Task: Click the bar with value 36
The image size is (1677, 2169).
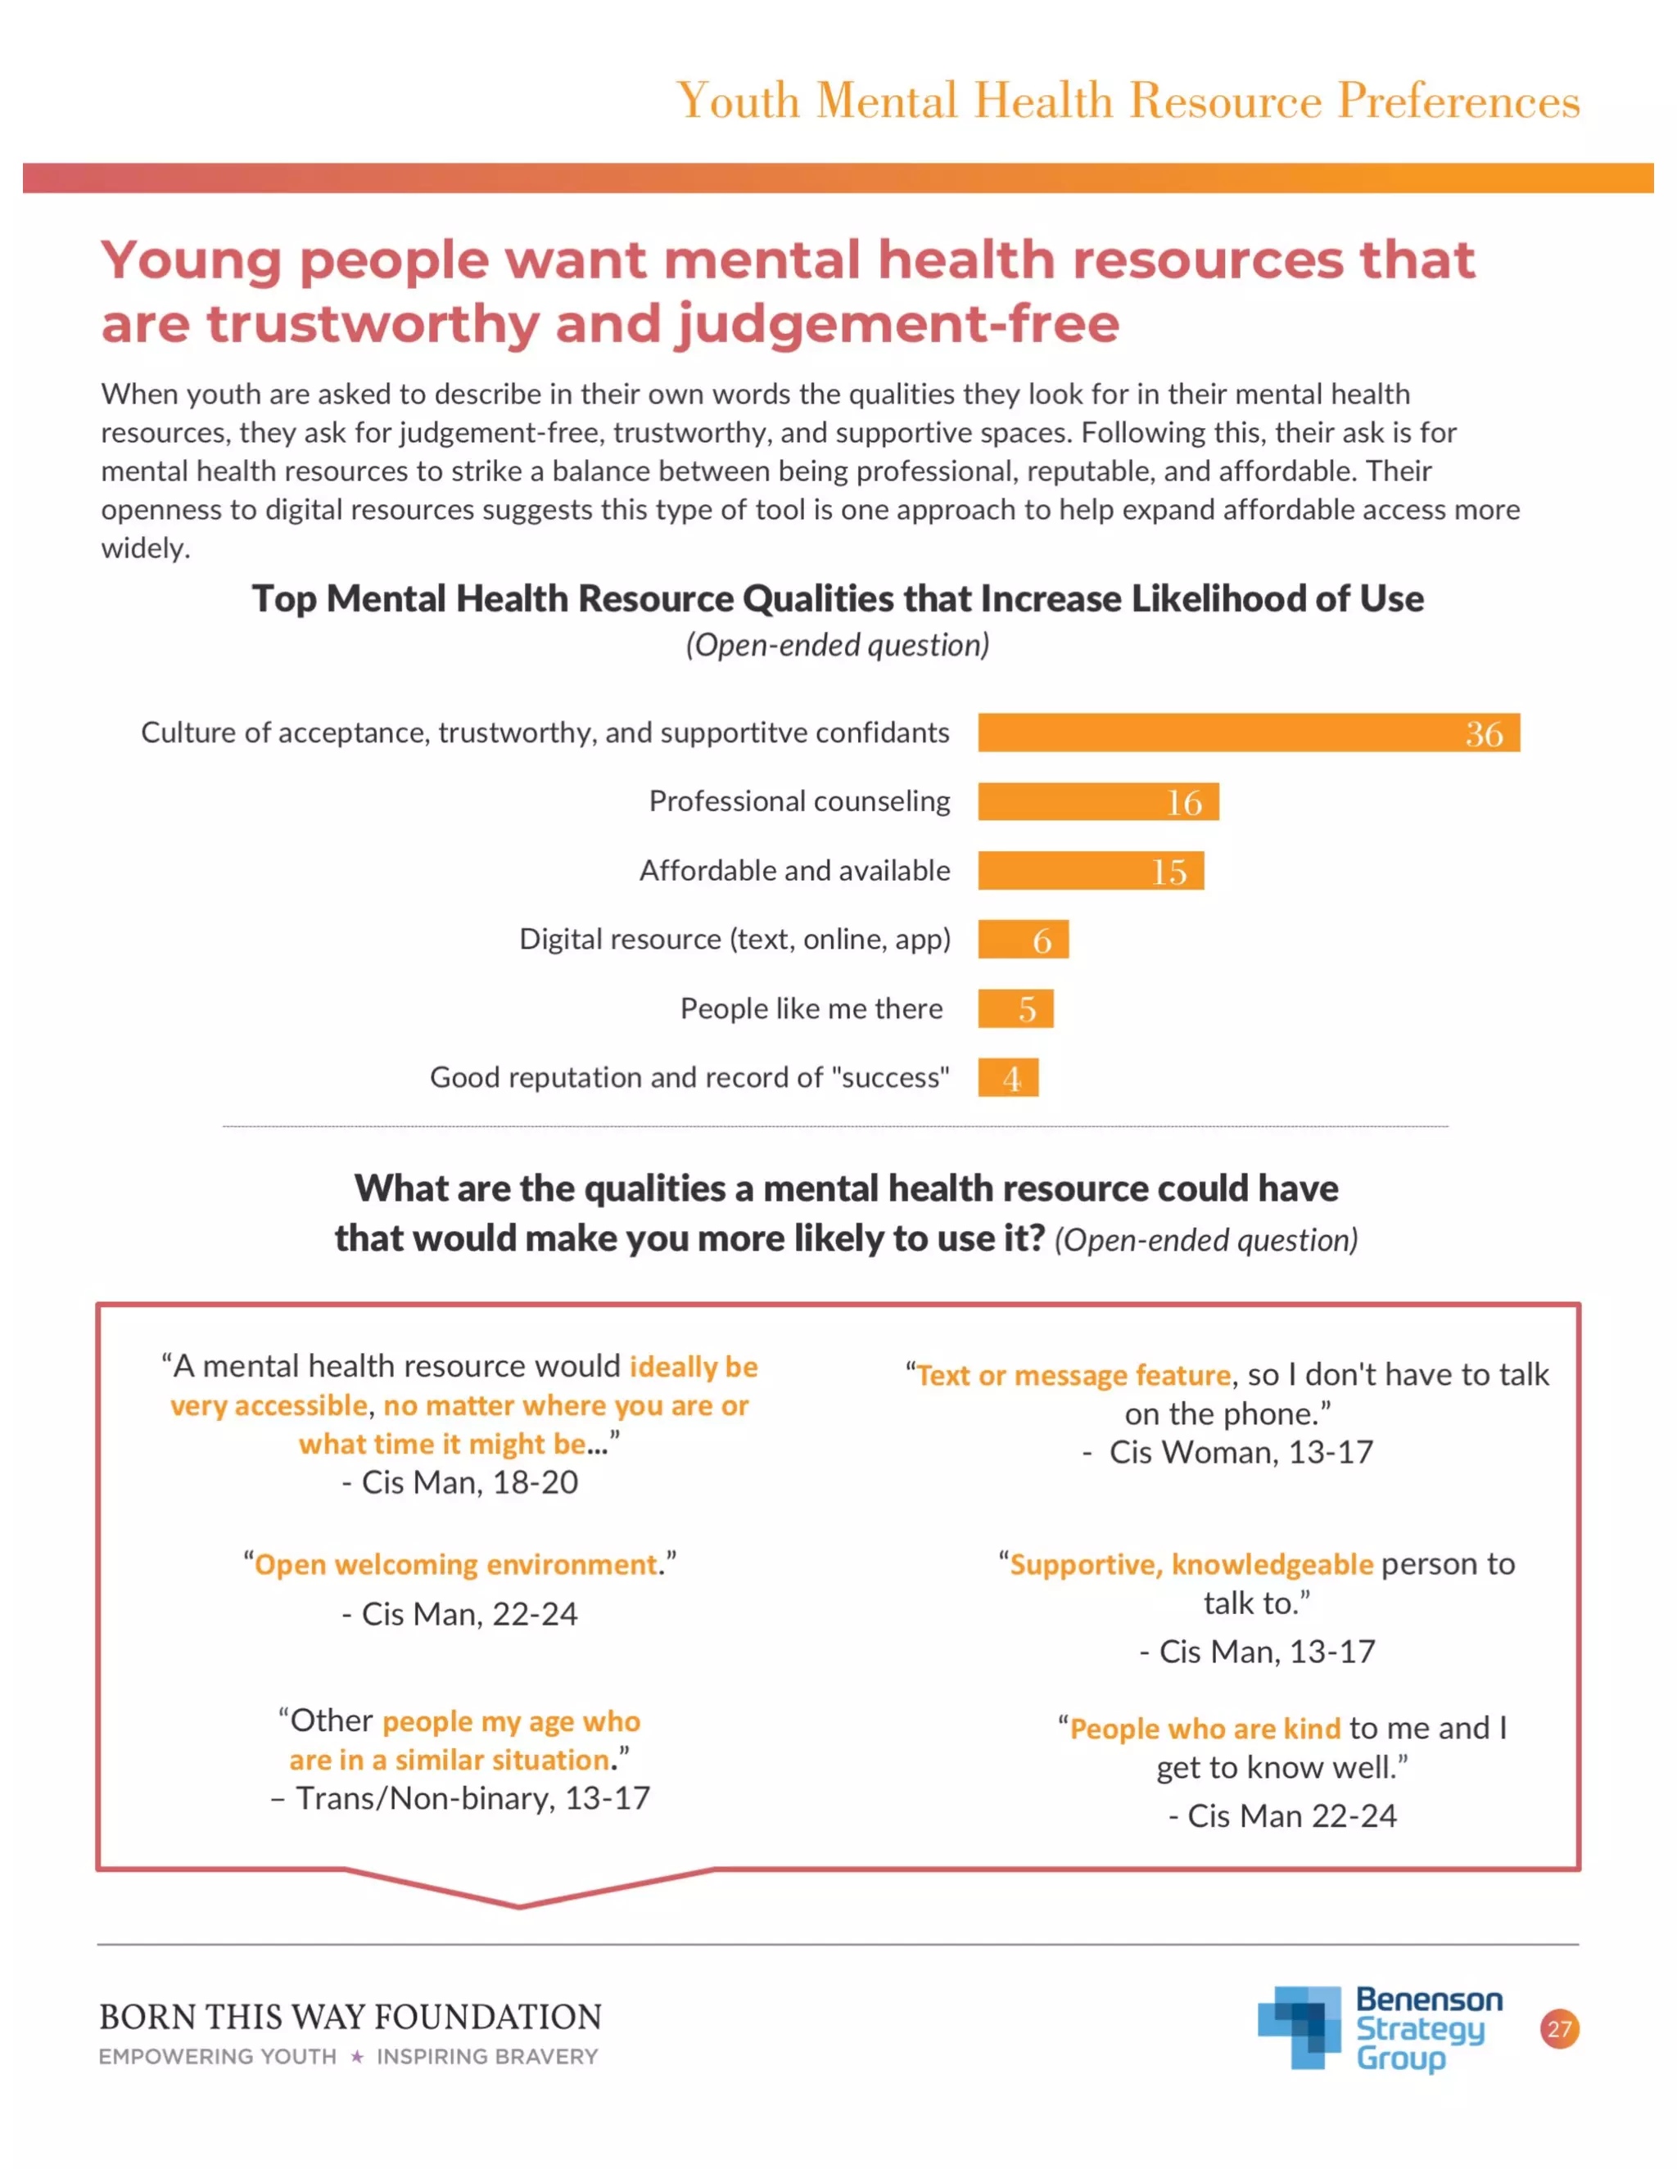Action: point(1248,733)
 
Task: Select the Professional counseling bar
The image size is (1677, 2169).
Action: point(1098,801)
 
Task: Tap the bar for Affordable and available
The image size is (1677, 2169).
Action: point(1090,871)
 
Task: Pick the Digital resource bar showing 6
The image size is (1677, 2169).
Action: point(1022,940)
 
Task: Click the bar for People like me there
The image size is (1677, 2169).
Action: point(1015,1009)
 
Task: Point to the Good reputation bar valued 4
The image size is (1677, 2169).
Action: point(1007,1078)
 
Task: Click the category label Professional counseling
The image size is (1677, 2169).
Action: point(798,801)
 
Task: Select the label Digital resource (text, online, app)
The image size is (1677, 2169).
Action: point(735,940)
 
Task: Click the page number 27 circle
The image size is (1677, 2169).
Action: point(1559,2028)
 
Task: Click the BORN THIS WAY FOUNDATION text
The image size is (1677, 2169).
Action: point(350,2017)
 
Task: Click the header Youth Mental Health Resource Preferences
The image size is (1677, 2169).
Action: point(1128,101)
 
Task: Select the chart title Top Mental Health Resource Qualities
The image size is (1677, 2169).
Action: point(838,599)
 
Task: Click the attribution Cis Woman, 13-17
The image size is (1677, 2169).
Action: point(1240,1453)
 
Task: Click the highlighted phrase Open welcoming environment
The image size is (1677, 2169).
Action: point(456,1565)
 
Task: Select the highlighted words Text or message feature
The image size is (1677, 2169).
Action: point(1073,1376)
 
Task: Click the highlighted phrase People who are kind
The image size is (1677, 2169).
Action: point(1205,1729)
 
